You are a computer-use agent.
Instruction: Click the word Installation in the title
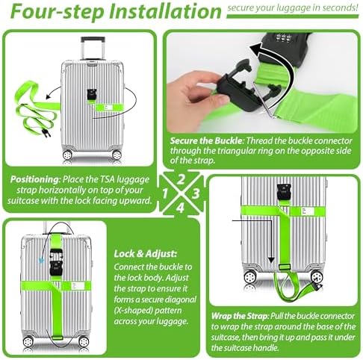165,11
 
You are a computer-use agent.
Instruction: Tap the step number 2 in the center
181,179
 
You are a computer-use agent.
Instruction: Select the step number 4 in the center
180,208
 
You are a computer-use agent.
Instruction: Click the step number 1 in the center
165,193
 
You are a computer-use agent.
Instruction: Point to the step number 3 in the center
196,193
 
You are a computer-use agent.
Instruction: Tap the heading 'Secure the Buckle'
206,141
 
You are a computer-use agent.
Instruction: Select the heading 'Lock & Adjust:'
146,254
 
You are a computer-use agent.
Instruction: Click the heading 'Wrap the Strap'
240,316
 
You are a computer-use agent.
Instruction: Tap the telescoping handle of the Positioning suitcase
93,49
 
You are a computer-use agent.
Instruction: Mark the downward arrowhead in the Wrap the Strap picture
271,261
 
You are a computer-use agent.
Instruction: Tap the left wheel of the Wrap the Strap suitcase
249,277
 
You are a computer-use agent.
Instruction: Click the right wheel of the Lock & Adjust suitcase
84,341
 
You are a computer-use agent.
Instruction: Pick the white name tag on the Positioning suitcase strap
108,108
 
